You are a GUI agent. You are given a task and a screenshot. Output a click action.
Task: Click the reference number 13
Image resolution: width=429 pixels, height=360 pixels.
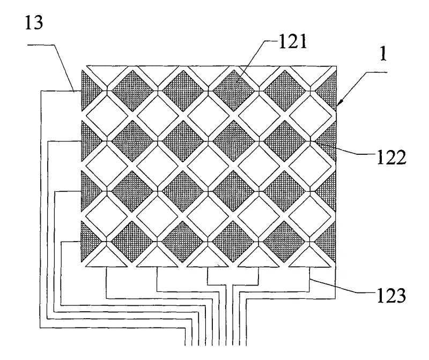pos(34,22)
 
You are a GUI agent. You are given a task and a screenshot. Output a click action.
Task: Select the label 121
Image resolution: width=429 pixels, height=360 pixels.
pos(292,42)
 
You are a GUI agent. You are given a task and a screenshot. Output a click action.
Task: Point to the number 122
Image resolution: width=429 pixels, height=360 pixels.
pos(391,157)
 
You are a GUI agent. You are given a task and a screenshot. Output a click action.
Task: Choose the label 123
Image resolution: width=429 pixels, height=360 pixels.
pos(391,296)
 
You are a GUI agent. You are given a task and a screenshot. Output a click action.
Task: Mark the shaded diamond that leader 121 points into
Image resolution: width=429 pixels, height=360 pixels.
pos(234,91)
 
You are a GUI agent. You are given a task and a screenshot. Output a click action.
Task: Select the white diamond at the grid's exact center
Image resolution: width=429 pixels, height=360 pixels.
pos(208,166)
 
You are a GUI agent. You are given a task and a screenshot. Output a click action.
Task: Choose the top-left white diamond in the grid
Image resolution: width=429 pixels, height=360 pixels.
pos(107,116)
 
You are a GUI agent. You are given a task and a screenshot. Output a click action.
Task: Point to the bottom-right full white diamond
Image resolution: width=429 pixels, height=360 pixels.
pos(310,217)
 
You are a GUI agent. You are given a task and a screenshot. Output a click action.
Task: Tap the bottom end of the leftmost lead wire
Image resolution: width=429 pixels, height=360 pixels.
pos(186,346)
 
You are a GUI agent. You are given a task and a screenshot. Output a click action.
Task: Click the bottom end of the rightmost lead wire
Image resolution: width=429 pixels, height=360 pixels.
pos(246,346)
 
